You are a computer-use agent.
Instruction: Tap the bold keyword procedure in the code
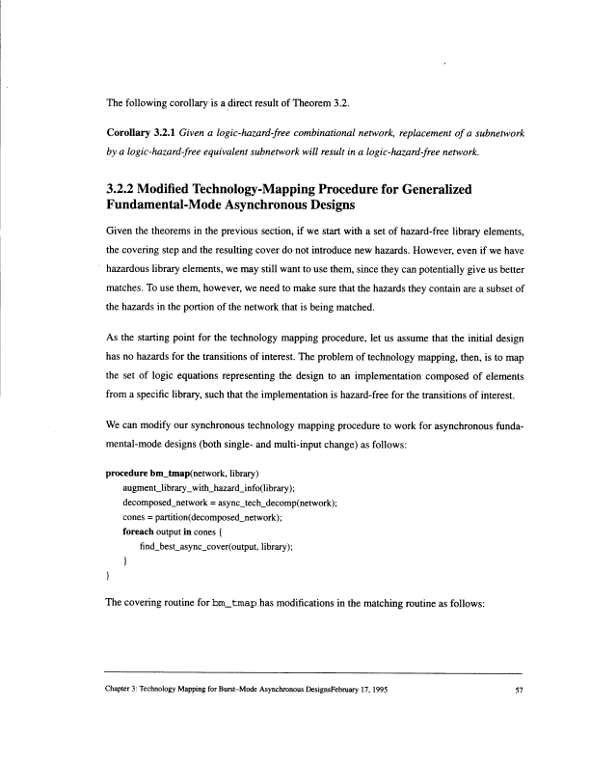pos(126,477)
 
